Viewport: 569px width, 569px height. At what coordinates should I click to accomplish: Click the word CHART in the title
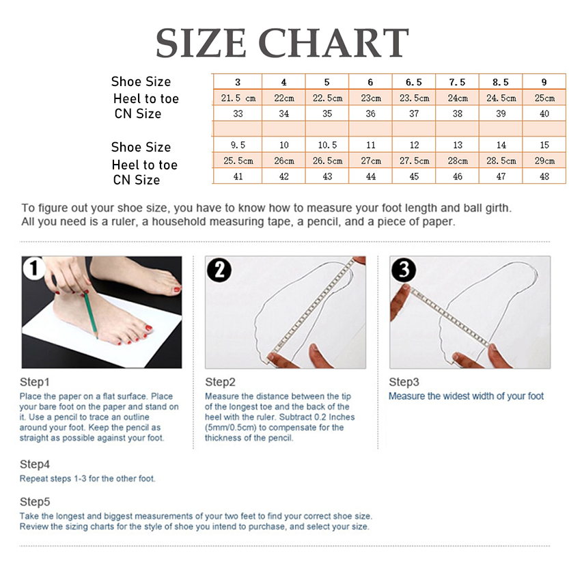333,43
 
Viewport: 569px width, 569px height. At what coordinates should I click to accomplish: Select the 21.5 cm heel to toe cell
238,98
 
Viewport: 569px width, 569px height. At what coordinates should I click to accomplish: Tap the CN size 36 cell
370,113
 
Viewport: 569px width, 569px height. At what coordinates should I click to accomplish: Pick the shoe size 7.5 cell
457,82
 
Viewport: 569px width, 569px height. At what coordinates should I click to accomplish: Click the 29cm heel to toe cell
544,161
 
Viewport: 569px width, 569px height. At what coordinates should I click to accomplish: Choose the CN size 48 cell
544,176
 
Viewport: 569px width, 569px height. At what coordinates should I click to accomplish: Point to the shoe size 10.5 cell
327,145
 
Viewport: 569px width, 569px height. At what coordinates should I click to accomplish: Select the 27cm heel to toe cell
370,161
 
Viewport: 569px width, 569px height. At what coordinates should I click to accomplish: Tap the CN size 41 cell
238,176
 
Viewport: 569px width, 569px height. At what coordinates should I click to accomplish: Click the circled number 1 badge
33,268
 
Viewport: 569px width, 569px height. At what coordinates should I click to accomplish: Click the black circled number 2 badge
219,270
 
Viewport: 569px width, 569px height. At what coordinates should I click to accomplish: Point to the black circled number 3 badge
404,270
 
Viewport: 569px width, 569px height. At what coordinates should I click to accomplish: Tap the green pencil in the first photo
91,315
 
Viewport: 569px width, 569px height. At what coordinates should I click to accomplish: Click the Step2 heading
220,382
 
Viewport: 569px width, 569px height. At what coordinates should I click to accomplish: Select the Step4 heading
34,464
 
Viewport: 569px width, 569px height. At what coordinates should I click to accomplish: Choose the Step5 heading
34,501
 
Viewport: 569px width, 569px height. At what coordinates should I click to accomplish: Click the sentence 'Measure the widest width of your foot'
466,396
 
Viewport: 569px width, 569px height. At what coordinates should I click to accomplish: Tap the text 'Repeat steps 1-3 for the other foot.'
87,479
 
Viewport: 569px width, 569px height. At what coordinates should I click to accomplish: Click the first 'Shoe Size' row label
141,82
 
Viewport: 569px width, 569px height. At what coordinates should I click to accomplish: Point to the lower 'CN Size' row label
137,180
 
